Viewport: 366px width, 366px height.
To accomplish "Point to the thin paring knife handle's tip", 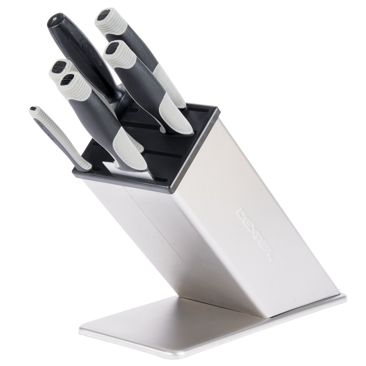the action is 34,109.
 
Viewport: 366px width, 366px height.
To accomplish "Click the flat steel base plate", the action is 210,327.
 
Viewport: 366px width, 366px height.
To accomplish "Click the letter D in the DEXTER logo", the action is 241,213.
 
